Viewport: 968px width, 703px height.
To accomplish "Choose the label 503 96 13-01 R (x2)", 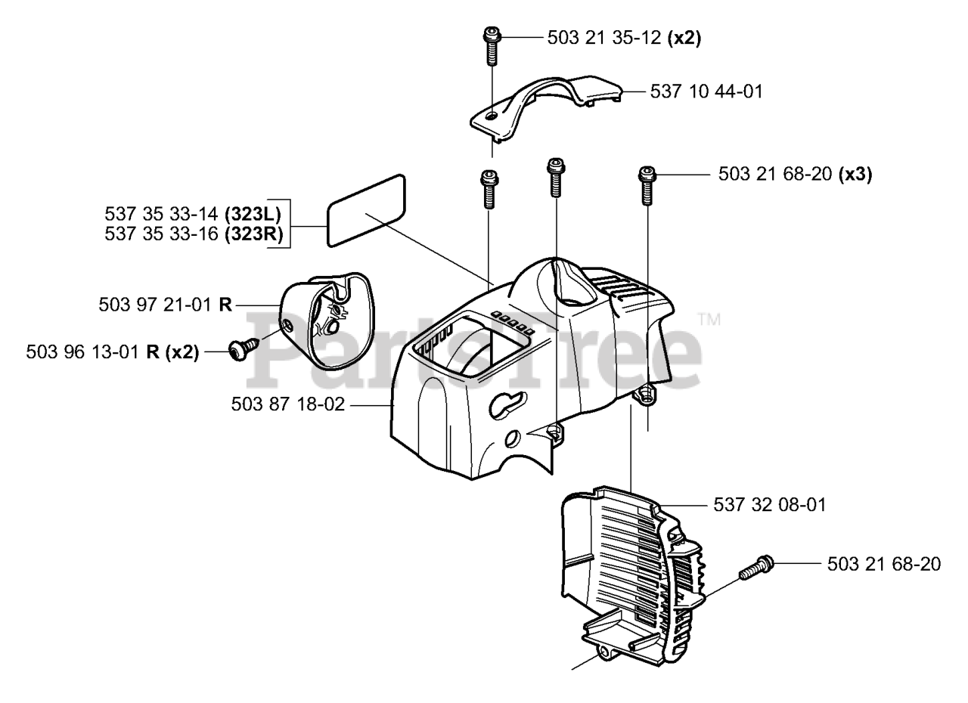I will (x=112, y=352).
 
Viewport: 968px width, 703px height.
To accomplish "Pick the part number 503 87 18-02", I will (x=288, y=405).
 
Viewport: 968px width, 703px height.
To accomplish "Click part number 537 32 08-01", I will (x=770, y=504).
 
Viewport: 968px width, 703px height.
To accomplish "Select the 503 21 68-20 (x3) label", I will (x=795, y=175).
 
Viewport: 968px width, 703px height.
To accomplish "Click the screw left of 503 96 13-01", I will (x=241, y=350).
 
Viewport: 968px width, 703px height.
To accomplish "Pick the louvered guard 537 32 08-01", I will (x=635, y=574).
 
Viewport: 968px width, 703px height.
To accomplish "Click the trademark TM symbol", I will (x=709, y=319).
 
